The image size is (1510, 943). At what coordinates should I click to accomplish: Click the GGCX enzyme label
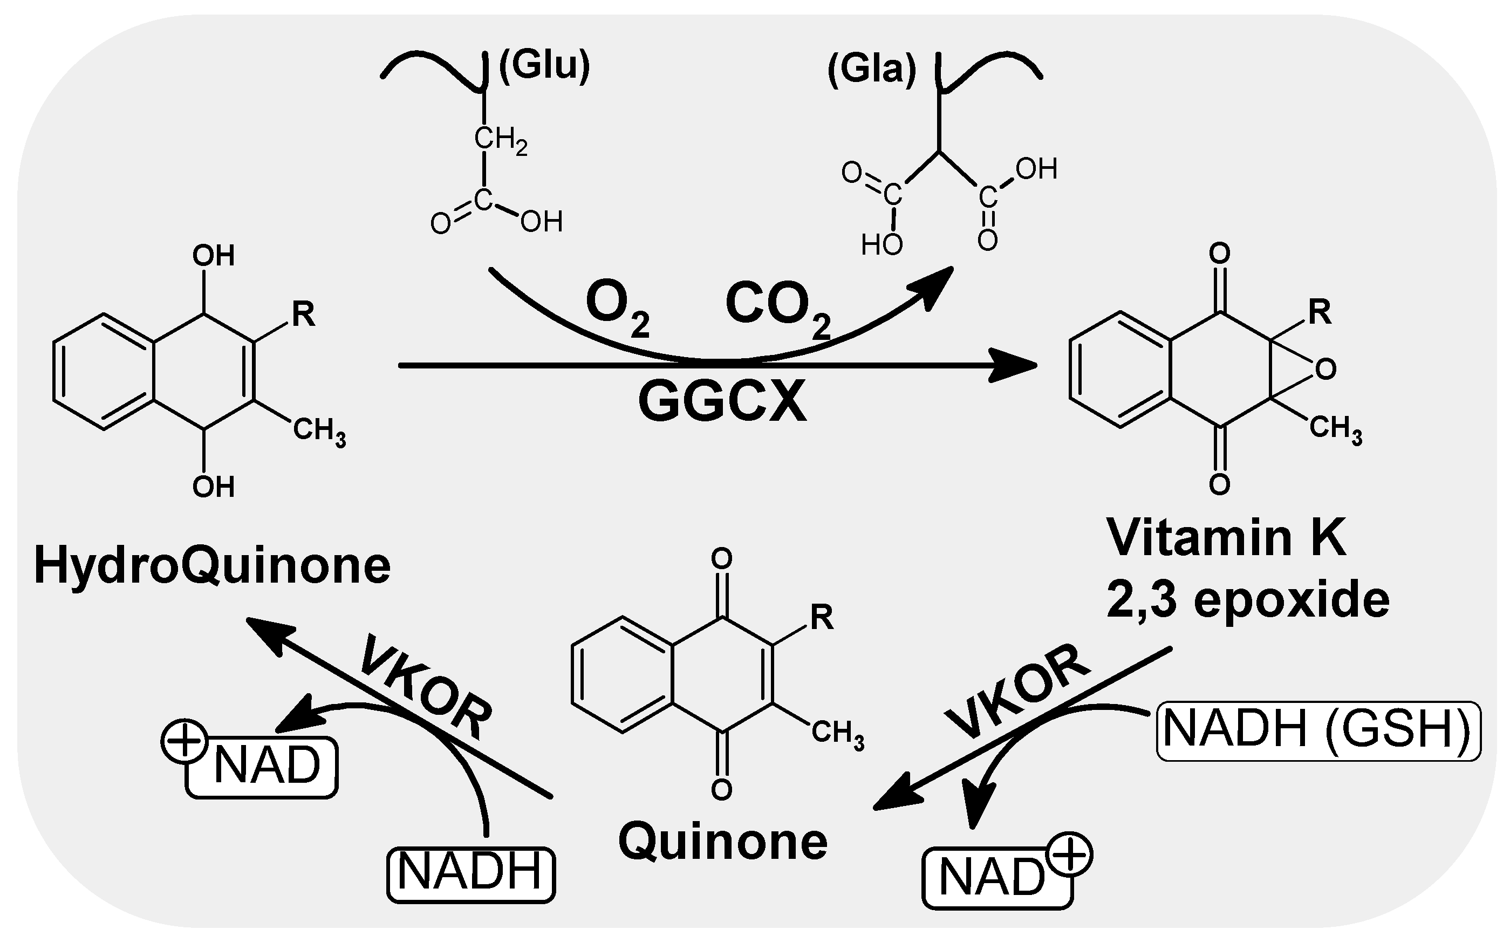[x=722, y=403]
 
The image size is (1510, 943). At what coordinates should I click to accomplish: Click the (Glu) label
[x=544, y=65]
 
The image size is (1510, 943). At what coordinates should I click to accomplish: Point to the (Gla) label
[x=871, y=69]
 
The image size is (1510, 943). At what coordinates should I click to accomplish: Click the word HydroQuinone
[x=212, y=566]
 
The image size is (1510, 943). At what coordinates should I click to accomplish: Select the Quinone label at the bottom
[x=722, y=842]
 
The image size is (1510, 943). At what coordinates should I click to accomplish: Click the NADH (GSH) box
[x=1318, y=731]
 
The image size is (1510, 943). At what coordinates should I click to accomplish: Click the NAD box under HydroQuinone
[x=262, y=767]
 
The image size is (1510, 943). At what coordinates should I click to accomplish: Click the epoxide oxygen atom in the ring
[x=1325, y=369]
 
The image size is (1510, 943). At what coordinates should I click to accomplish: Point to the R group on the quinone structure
[x=822, y=618]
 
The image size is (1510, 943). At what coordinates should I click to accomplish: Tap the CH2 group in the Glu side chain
[x=500, y=139]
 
